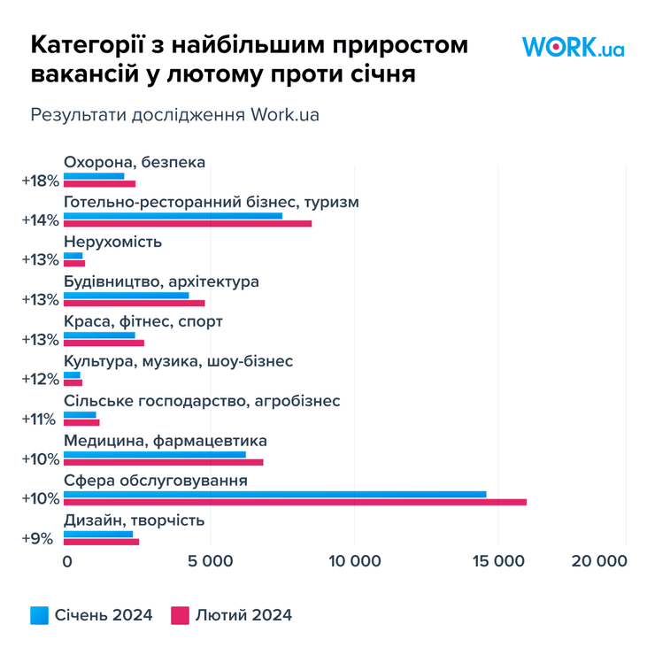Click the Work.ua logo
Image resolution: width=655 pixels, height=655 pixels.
pyautogui.click(x=573, y=47)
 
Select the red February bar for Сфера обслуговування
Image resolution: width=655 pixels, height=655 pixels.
pyautogui.click(x=295, y=502)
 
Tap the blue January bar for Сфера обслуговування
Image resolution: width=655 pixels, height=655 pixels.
pyautogui.click(x=274, y=493)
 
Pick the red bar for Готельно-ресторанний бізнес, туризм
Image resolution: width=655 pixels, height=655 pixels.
pyautogui.click(x=188, y=223)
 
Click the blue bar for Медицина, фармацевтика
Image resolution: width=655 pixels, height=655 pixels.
pyautogui.click(x=155, y=454)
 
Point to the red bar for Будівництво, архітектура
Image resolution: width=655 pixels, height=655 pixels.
pyautogui.click(x=134, y=303)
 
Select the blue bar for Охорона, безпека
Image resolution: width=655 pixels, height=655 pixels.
pyautogui.click(x=94, y=175)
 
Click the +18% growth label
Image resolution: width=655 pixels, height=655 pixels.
pyautogui.click(x=40, y=180)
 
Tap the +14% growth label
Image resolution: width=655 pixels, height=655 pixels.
pyautogui.click(x=40, y=220)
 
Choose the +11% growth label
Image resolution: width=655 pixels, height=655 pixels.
pyautogui.click(x=40, y=419)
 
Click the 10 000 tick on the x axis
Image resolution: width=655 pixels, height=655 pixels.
pyautogui.click(x=354, y=561)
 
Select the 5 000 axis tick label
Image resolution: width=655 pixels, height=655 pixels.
pyautogui.click(x=209, y=561)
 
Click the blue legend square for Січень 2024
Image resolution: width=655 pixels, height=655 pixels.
pyautogui.click(x=39, y=614)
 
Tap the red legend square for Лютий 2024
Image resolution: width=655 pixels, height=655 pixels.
pyautogui.click(x=180, y=614)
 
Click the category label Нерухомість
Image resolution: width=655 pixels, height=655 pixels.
pyautogui.click(x=112, y=242)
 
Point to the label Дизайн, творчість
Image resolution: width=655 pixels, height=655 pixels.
pyautogui.click(x=134, y=520)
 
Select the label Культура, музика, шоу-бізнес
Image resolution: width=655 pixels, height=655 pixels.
pyautogui.click(x=178, y=361)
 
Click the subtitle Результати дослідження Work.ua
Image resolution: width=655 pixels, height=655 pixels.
pyautogui.click(x=174, y=115)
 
